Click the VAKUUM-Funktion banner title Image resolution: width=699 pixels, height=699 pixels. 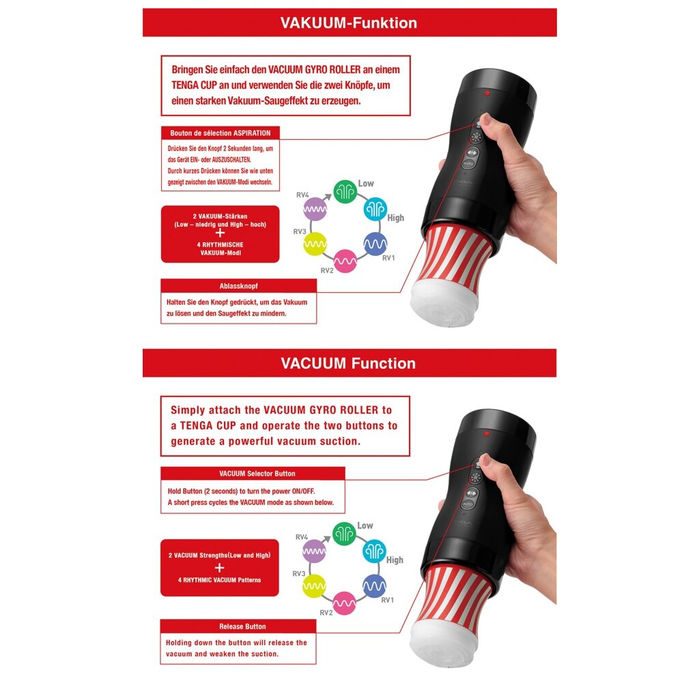pyautogui.click(x=349, y=23)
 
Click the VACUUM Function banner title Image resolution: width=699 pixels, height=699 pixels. pyautogui.click(x=348, y=363)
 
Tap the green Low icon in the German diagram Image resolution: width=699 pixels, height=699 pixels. pyautogui.click(x=345, y=191)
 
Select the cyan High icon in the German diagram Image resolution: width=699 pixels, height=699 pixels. pyautogui.click(x=375, y=209)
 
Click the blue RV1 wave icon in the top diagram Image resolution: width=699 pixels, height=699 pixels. pyautogui.click(x=375, y=244)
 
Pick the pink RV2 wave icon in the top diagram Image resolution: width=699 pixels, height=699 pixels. pyautogui.click(x=345, y=261)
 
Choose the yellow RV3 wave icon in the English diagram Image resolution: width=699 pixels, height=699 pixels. pyautogui.click(x=314, y=586)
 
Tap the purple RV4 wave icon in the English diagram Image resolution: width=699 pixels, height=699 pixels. pyautogui.click(x=314, y=551)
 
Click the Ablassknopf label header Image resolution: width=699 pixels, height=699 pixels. pyautogui.click(x=238, y=286)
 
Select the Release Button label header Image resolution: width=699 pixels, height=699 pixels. pyautogui.click(x=242, y=627)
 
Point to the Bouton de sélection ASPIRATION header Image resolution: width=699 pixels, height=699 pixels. pyautogui.click(x=220, y=133)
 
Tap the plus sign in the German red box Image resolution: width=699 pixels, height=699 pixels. pyautogui.click(x=220, y=233)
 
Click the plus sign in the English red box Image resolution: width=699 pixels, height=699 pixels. pyautogui.click(x=219, y=567)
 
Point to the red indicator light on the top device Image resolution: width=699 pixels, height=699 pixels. pyautogui.click(x=487, y=93)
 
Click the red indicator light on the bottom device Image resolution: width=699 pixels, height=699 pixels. pyautogui.click(x=487, y=433)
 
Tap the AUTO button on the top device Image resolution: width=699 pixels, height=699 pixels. pyautogui.click(x=468, y=164)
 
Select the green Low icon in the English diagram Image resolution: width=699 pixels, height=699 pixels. pyautogui.click(x=344, y=534)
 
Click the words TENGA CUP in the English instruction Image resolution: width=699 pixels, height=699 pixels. pyautogui.click(x=208, y=426)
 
